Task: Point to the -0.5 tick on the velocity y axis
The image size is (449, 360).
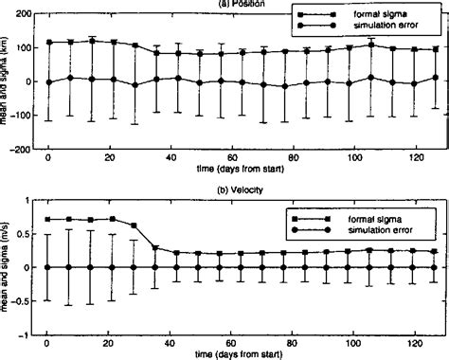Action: [18, 301]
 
